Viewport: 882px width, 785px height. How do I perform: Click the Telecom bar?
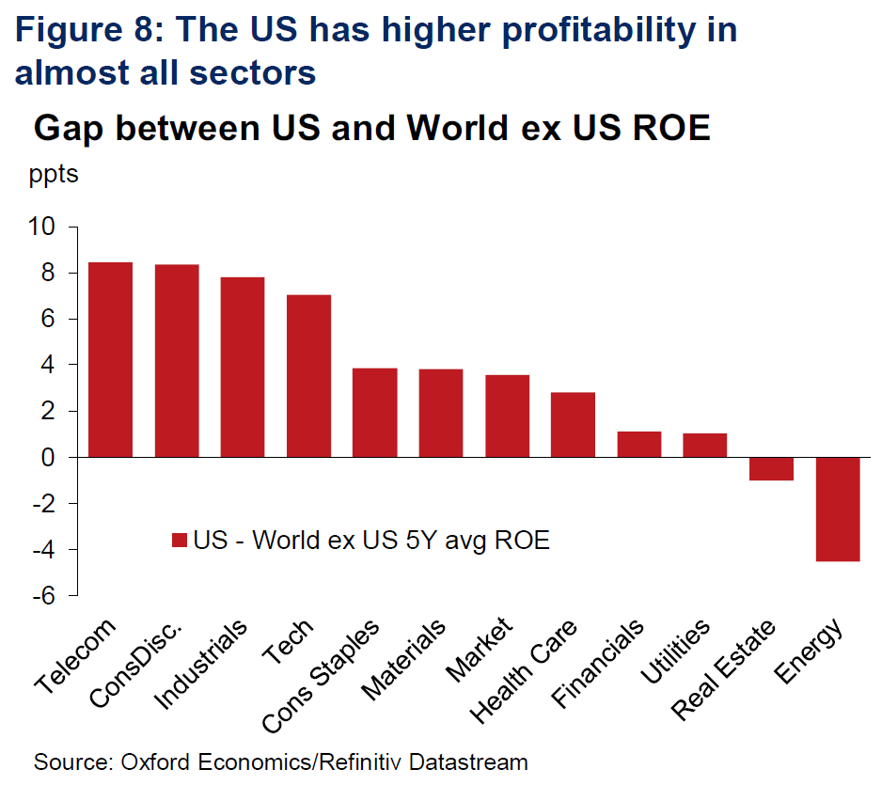110,359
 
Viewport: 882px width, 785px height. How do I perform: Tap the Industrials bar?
242,367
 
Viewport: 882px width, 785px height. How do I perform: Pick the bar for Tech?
308,376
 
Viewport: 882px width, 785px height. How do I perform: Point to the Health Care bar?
573,424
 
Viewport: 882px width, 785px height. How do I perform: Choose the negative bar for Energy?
837,509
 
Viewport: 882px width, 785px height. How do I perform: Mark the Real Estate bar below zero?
771,468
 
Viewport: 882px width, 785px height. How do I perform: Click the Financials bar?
638,444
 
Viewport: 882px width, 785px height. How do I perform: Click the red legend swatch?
180,541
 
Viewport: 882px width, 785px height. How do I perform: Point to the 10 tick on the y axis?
45,228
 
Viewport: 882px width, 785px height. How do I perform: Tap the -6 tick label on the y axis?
45,595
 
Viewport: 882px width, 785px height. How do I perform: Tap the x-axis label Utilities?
676,652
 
